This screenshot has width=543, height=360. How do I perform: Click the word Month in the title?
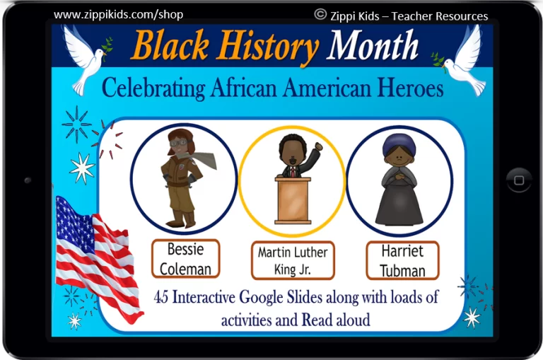coord(373,45)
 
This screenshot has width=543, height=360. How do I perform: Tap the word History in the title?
coord(268,47)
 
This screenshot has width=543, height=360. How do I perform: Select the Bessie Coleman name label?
coord(186,258)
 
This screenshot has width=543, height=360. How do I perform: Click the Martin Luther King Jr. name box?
coord(293,260)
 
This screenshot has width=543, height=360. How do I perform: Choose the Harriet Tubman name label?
coord(402,260)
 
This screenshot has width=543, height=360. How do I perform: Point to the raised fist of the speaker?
coord(318,146)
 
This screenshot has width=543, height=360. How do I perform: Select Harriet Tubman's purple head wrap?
coord(399,144)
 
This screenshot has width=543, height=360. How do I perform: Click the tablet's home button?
coord(518,180)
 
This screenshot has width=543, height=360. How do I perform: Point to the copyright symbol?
coord(320,15)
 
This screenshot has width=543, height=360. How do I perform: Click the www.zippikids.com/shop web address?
coord(119,15)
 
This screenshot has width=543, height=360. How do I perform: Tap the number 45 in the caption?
coord(161,297)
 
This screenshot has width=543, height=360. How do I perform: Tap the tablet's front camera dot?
coord(28,180)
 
